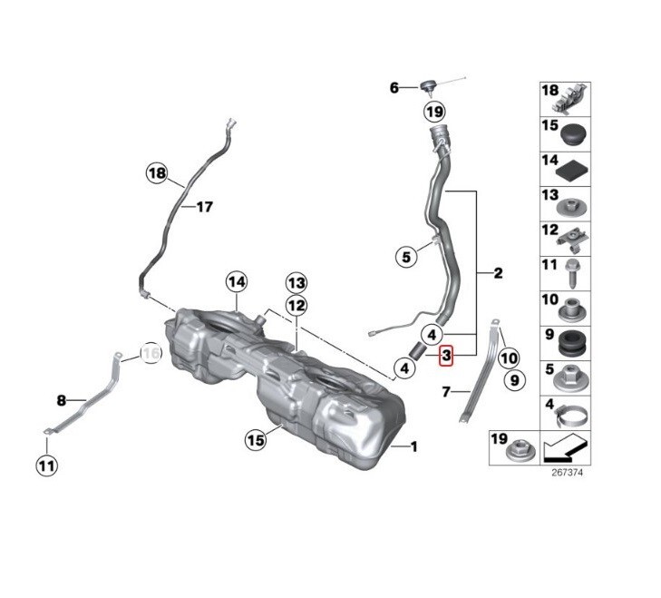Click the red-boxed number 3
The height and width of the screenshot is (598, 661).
[446, 357]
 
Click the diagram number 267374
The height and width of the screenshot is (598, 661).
[567, 473]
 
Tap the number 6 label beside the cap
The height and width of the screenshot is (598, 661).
[394, 88]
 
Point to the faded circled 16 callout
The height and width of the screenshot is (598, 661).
[151, 354]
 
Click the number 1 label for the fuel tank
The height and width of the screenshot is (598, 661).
[414, 446]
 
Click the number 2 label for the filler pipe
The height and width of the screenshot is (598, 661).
[498, 272]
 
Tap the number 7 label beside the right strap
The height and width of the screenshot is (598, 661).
[446, 392]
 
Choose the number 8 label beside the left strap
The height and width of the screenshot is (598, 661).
[62, 399]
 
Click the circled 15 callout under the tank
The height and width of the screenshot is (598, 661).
[257, 439]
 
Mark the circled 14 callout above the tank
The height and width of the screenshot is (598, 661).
[237, 281]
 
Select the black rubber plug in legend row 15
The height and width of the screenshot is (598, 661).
[574, 135]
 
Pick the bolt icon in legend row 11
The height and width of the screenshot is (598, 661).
[574, 269]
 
